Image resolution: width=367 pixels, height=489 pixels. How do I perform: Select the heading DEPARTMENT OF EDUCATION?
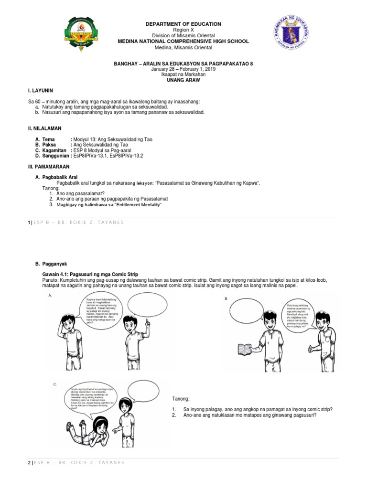pos(183,24)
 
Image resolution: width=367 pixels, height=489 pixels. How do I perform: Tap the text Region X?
pos(183,30)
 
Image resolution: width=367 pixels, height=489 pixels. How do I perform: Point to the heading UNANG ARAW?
pos(183,80)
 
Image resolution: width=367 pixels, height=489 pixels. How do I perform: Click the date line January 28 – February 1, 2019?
pos(183,69)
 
